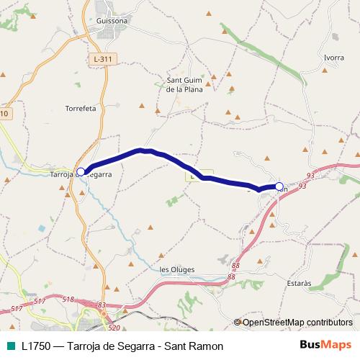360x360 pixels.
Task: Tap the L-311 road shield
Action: pos(105,58)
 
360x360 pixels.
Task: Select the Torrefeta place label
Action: pos(81,108)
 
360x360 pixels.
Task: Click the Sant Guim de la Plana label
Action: pos(185,84)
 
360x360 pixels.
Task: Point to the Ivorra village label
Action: pos(334,57)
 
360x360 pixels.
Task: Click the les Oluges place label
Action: pos(176,269)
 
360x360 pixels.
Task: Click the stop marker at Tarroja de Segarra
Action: pos(81,171)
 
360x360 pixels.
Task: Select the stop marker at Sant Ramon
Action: pos(279,186)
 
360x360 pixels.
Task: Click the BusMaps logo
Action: pos(325,346)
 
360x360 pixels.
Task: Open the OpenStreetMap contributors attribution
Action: pos(297,323)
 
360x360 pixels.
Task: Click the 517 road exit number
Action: pos(40,301)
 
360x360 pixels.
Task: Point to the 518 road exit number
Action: pos(68,299)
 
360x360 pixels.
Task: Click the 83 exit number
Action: pos(102,305)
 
